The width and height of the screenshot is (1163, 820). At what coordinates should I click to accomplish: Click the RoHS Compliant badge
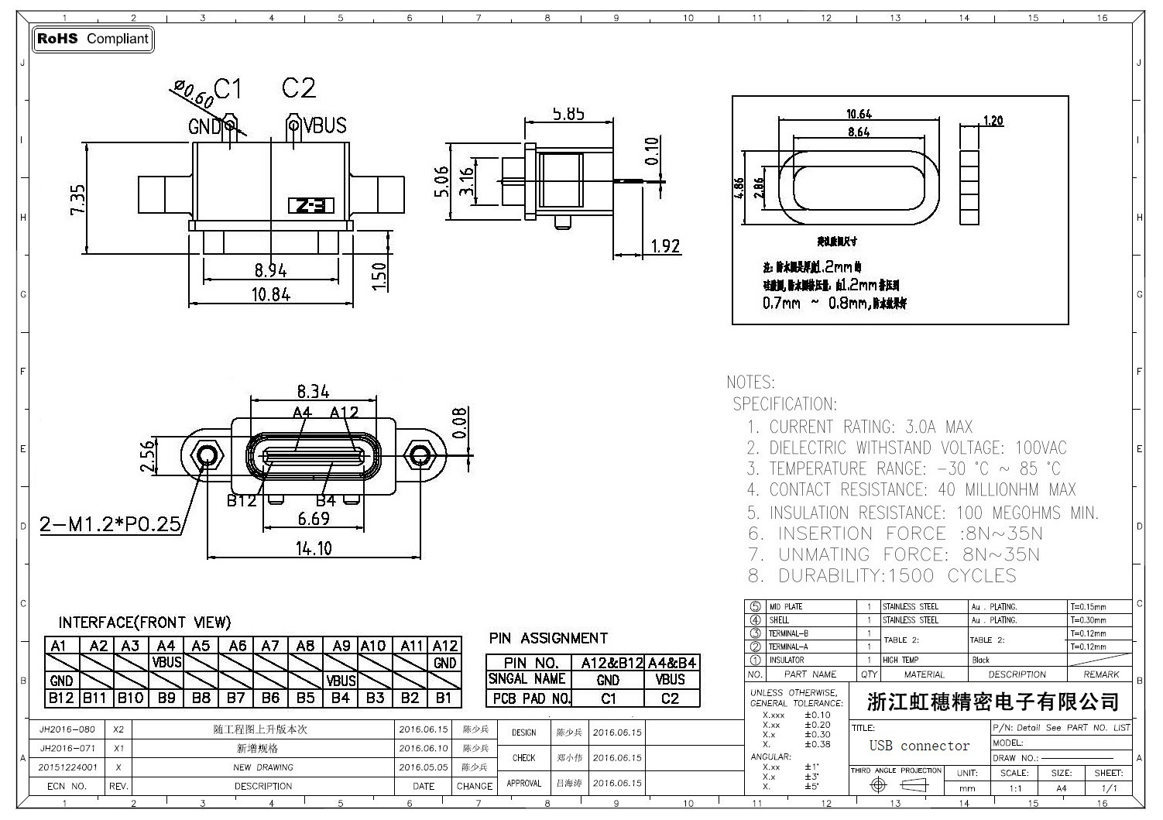pos(93,39)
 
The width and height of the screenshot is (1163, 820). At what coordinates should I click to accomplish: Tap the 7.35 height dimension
pos(78,199)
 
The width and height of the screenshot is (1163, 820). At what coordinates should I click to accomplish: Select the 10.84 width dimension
pos(270,294)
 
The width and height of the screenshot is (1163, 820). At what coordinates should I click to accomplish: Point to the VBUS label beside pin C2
pos(324,125)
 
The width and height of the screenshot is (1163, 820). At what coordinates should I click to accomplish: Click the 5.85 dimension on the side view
pos(568,114)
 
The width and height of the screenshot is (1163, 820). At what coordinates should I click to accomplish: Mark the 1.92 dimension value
pos(665,246)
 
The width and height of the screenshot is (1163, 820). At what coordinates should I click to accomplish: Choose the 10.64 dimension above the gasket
pos(859,114)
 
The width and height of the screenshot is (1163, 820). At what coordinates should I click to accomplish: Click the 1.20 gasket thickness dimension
pos(993,120)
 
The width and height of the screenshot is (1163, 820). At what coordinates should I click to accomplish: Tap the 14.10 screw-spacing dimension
pos(314,548)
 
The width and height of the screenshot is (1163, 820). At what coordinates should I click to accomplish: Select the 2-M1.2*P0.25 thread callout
pos(110,525)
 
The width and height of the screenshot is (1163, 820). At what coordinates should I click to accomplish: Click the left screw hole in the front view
pos(207,455)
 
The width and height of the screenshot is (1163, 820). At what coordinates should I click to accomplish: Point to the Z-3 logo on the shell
pos(311,206)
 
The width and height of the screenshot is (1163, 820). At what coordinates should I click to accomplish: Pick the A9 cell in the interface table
pos(341,646)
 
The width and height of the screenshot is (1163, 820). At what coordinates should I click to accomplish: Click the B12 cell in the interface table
pos(61,698)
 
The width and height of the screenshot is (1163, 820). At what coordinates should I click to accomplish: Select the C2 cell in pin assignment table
pos(670,698)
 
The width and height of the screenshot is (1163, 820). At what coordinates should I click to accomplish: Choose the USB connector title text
pos(919,746)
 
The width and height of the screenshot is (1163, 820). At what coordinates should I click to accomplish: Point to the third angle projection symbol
pos(897,785)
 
